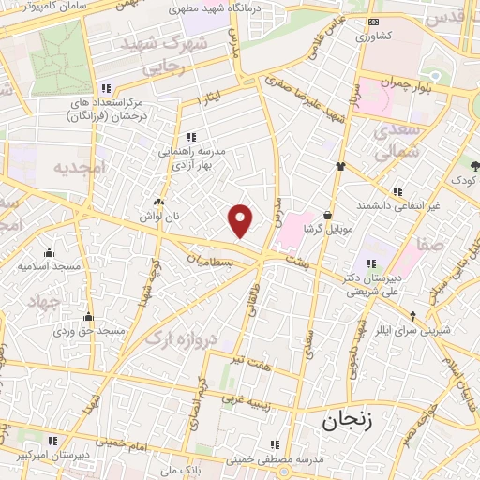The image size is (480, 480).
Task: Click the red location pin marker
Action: pyautogui.click(x=241, y=220)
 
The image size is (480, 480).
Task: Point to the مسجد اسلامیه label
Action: pyautogui.click(x=46, y=265)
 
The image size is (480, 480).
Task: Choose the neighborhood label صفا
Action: pyautogui.click(x=431, y=242)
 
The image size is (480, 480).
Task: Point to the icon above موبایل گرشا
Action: pyautogui.click(x=327, y=215)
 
